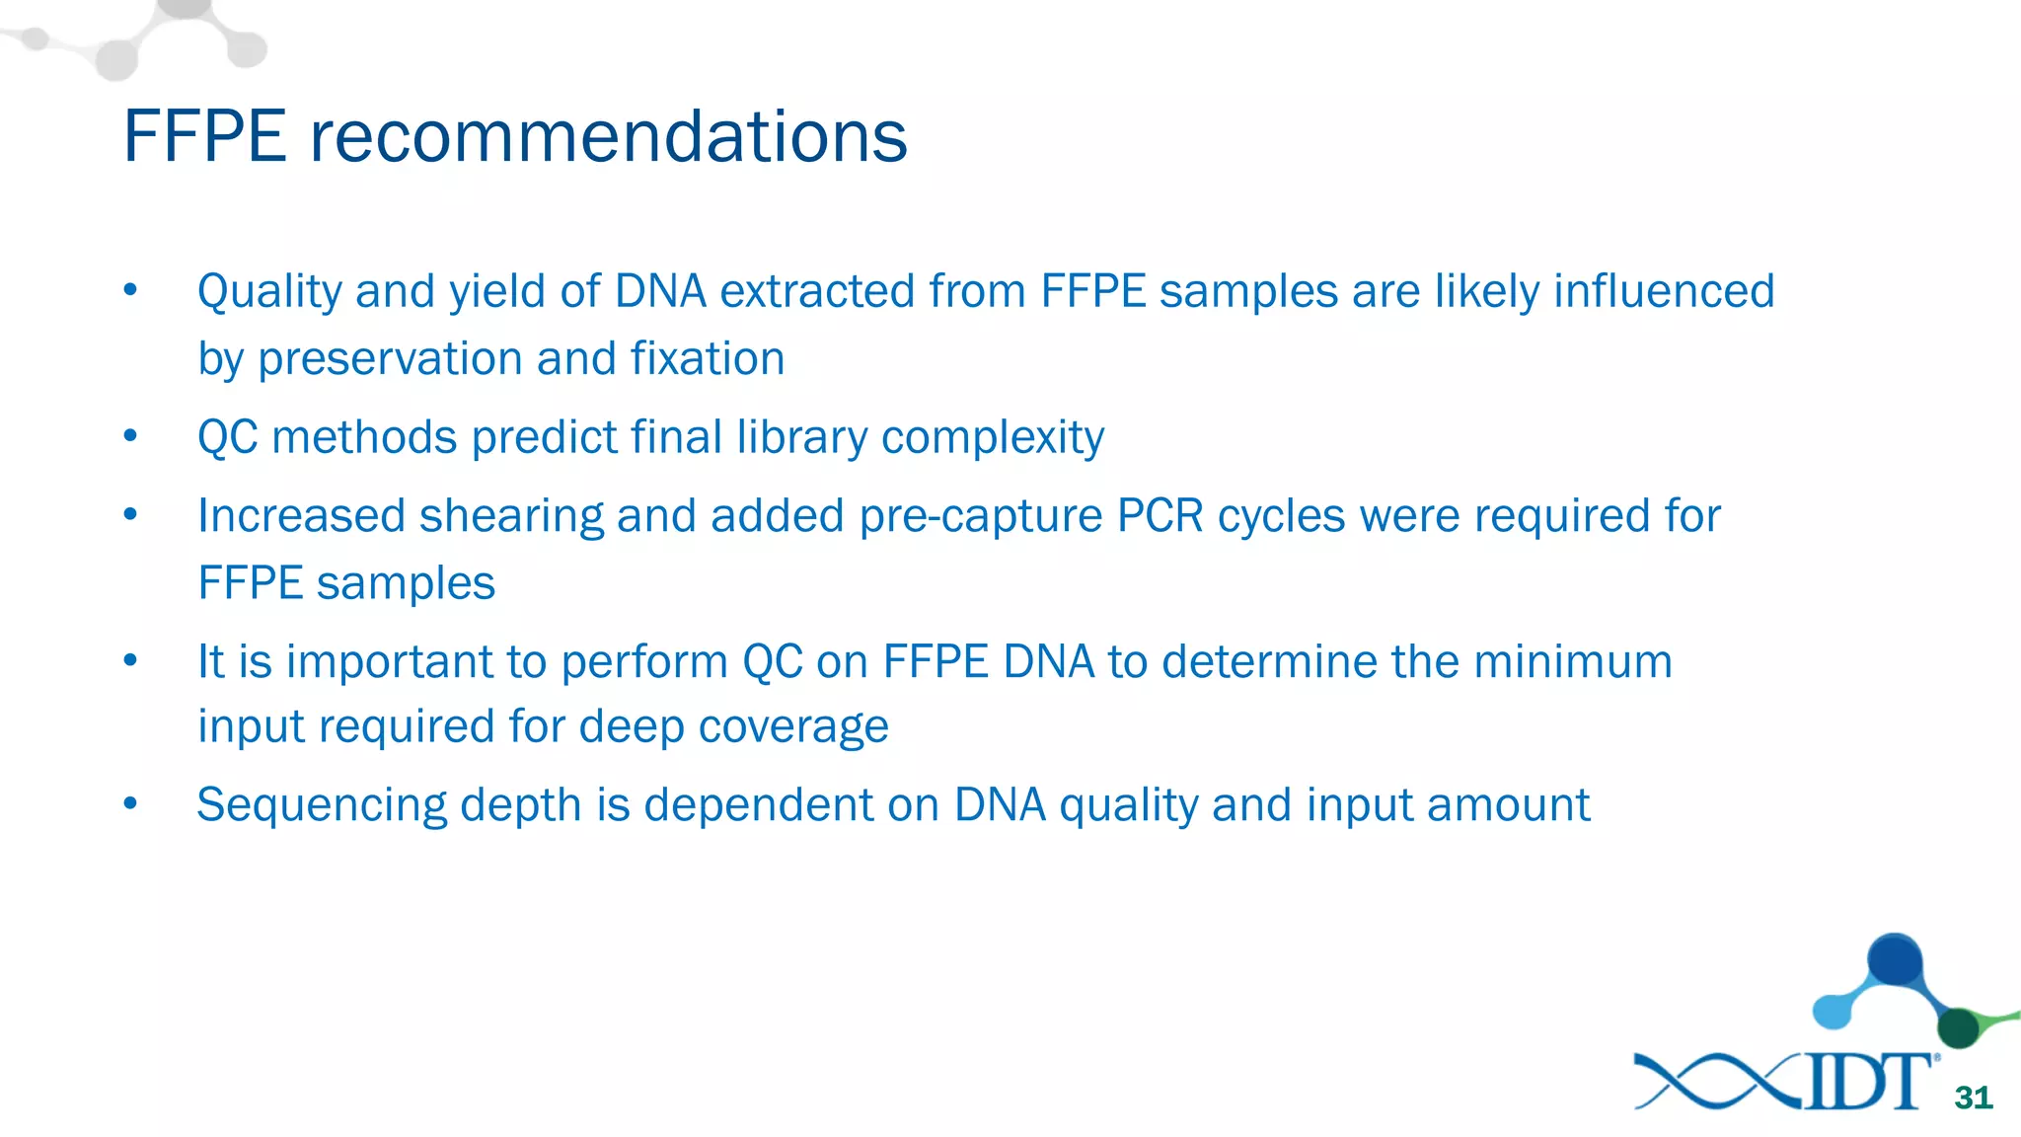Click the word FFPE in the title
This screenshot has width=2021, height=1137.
click(204, 136)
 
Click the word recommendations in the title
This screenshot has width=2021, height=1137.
click(608, 136)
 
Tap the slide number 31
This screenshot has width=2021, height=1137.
click(1973, 1098)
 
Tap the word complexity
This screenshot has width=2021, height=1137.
click(992, 437)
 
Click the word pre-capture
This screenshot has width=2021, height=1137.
click(980, 516)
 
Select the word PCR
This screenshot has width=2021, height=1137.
click(1160, 516)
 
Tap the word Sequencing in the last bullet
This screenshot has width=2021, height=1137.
click(322, 805)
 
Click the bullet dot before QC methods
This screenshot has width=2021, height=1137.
click(130, 435)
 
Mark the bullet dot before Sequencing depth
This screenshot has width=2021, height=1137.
click(130, 803)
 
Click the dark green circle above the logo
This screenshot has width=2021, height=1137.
click(1958, 1028)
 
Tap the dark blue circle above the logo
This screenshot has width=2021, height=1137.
click(1895, 959)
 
